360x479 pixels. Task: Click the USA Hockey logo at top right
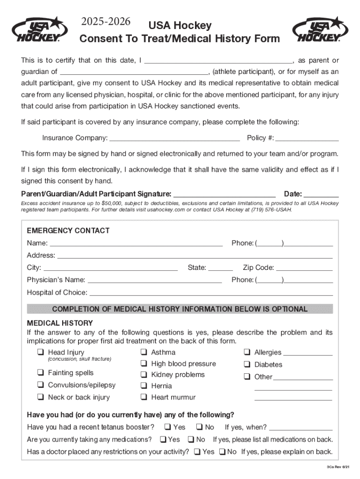click(x=321, y=29)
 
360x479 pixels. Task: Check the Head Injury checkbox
click(x=41, y=352)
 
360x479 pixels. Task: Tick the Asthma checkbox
click(x=144, y=352)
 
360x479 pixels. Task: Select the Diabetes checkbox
click(x=247, y=364)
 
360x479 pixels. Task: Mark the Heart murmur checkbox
click(x=144, y=397)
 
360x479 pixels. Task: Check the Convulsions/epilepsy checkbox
click(x=41, y=385)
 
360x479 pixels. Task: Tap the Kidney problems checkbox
click(x=144, y=375)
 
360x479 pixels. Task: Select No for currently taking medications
click(x=191, y=439)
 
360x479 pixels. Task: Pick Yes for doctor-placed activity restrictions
click(x=197, y=451)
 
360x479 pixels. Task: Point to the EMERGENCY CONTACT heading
click(x=68, y=231)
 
